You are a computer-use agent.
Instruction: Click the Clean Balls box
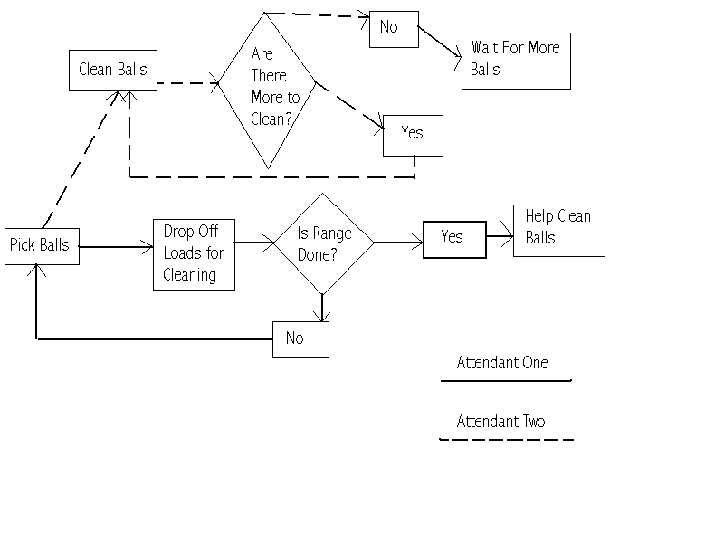point(113,70)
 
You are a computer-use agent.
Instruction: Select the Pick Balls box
point(42,245)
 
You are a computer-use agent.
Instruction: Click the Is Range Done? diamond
point(323,243)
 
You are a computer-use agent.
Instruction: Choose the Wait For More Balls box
point(516,61)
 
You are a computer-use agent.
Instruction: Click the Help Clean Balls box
point(558,230)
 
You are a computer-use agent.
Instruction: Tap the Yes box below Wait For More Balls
point(413,135)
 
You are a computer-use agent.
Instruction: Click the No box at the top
point(394,29)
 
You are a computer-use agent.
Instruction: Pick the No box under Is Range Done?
point(300,339)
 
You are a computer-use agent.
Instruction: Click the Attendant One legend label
point(502,363)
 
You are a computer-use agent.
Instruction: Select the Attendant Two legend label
point(501,421)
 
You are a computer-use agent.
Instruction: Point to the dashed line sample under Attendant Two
point(506,440)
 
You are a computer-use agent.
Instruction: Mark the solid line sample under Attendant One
point(506,381)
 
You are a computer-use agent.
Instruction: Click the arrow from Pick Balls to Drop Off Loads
point(116,245)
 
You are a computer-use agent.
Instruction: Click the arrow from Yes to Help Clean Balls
point(500,237)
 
